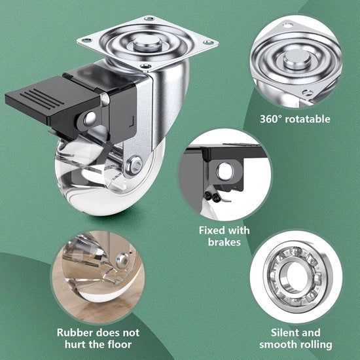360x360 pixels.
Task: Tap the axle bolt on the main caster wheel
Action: click(x=135, y=166)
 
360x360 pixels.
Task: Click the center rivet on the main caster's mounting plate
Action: click(x=148, y=43)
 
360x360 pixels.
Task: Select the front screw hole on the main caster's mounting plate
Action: click(x=146, y=66)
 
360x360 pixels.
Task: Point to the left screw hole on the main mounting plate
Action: click(x=87, y=41)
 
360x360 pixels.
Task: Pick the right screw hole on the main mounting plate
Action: click(x=208, y=43)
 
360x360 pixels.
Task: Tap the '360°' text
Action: click(x=270, y=119)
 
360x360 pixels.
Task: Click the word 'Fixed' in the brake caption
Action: click(x=211, y=230)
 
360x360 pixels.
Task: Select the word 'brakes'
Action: click(x=225, y=242)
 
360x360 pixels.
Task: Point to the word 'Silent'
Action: click(x=283, y=333)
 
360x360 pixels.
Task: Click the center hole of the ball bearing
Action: click(x=295, y=276)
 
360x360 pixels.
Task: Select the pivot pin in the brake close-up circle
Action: click(x=225, y=171)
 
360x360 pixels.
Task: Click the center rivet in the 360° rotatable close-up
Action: click(x=297, y=60)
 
